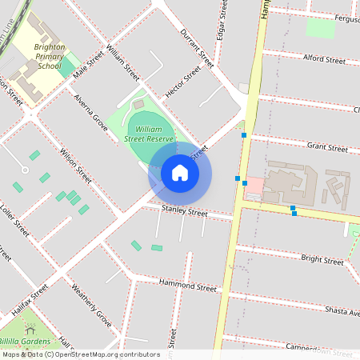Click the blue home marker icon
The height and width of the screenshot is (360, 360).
180,173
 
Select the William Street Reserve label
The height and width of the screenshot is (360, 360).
150,134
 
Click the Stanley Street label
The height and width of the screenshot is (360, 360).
185,212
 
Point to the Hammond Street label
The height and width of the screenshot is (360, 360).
188,285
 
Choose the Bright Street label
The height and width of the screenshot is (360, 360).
322,258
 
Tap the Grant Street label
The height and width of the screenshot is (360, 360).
327,148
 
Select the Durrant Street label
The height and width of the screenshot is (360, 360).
198,47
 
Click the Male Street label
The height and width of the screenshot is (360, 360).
89,66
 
